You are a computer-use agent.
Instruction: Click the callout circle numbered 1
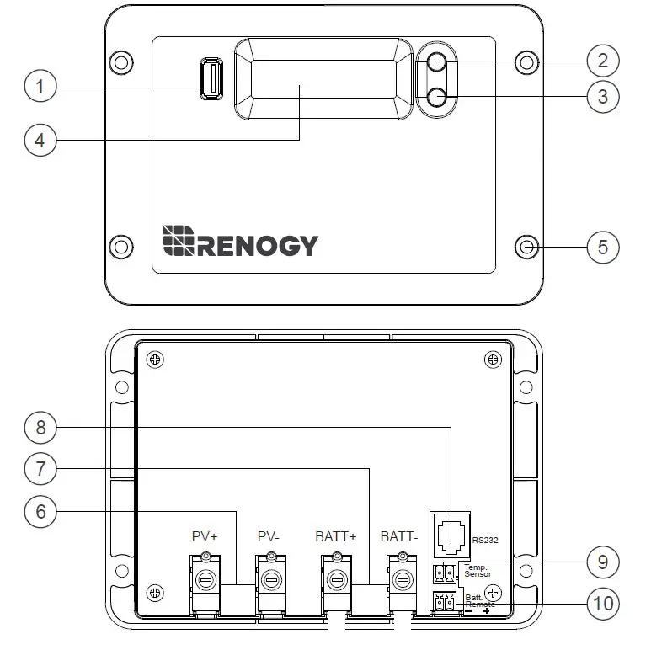click(40, 87)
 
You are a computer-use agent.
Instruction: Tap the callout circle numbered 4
click(40, 139)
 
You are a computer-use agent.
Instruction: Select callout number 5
click(602, 247)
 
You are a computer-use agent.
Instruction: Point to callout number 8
click(40, 428)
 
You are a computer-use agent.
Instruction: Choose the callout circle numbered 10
click(602, 603)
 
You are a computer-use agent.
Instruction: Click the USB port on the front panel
click(211, 78)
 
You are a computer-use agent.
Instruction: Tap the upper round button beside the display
click(436, 62)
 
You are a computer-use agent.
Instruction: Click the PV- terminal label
click(269, 535)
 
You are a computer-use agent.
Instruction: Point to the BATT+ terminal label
click(337, 535)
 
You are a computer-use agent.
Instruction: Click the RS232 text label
click(486, 540)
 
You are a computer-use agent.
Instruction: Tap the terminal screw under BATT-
click(403, 580)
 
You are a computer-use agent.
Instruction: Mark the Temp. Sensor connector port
click(444, 574)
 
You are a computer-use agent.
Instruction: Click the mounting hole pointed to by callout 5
click(527, 247)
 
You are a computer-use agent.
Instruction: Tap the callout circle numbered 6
click(40, 511)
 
